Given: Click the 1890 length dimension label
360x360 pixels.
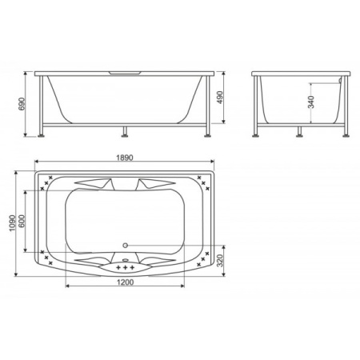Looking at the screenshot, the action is pyautogui.click(x=125, y=158).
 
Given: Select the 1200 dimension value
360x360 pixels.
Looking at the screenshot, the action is pyautogui.click(x=126, y=282).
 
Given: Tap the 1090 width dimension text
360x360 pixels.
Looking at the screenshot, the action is pyautogui.click(x=12, y=223).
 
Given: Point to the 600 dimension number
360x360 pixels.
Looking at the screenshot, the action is pyautogui.click(x=22, y=221).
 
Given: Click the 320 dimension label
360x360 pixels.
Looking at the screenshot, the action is pyautogui.click(x=219, y=261).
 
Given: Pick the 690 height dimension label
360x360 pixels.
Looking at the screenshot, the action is pyautogui.click(x=22, y=104).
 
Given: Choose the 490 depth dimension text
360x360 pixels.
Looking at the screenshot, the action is pyautogui.click(x=219, y=98).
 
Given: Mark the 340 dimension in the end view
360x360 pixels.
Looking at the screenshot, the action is pyautogui.click(x=311, y=102).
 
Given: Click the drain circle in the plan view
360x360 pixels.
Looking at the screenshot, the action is pyautogui.click(x=125, y=245).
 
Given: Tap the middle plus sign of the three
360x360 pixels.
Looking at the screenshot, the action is pyautogui.click(x=125, y=267).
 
